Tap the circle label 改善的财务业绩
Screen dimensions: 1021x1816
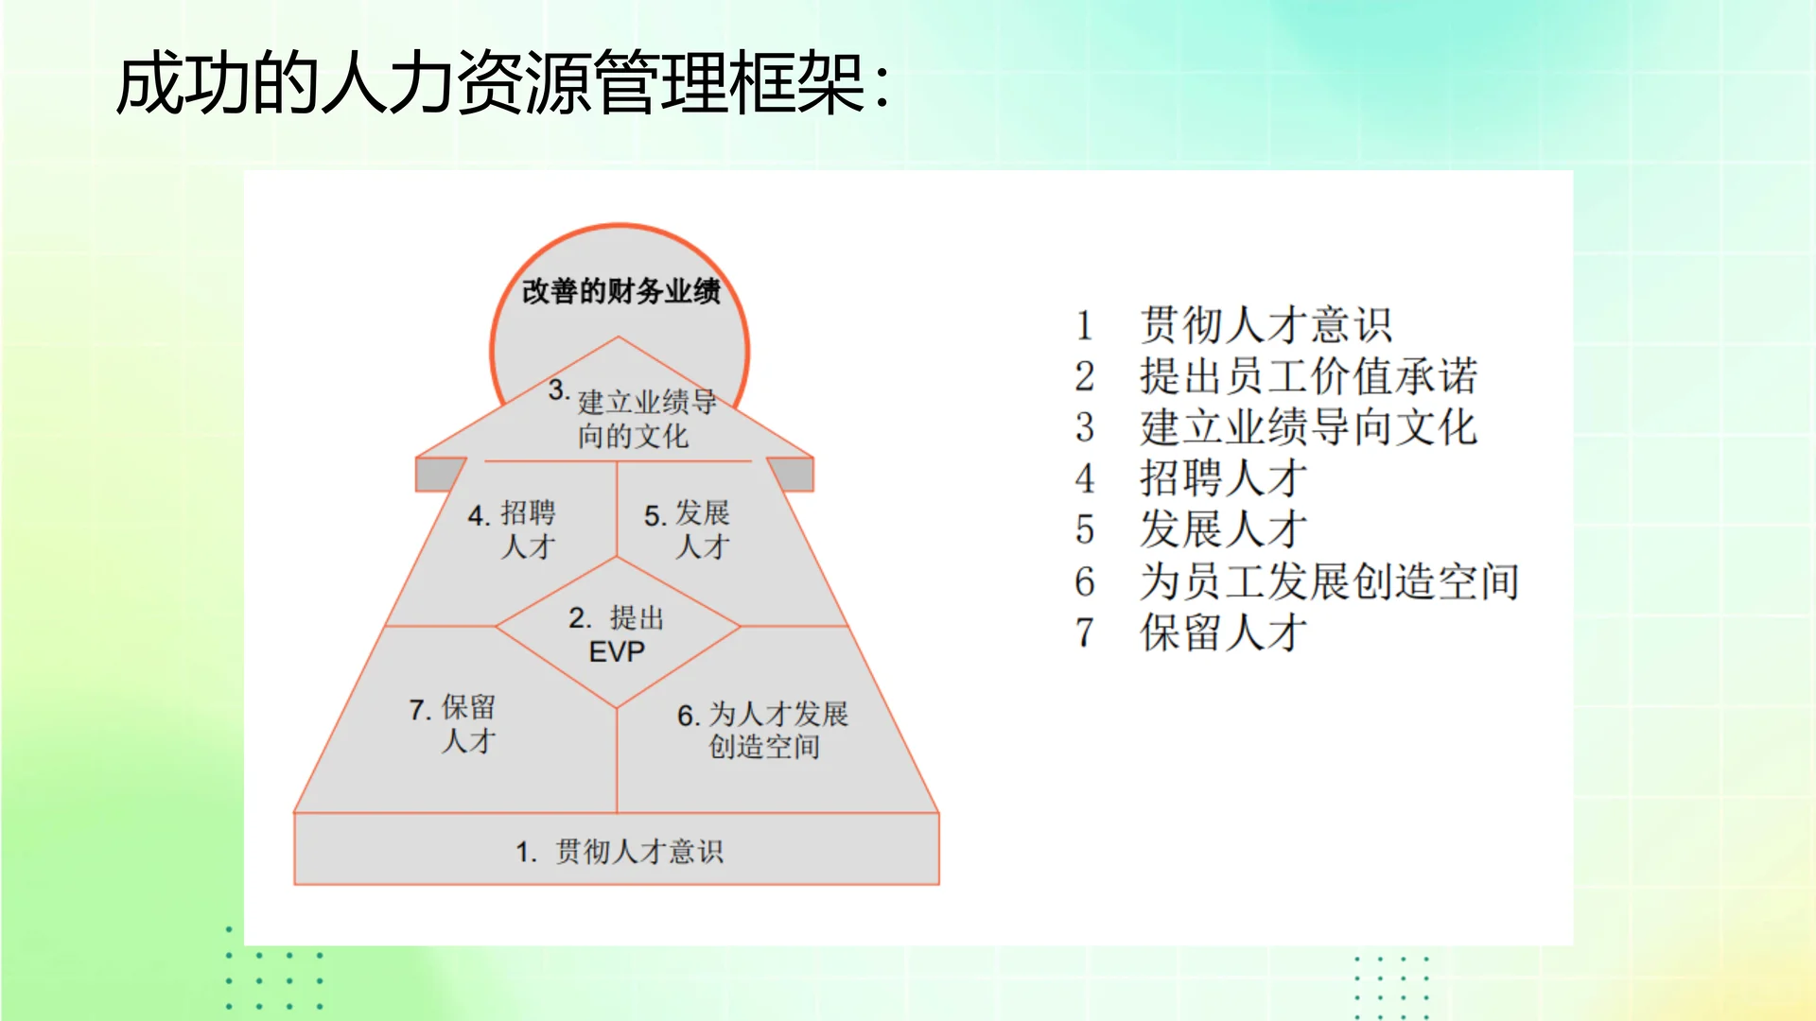pos(620,291)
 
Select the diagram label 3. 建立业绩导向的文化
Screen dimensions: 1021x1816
pos(634,418)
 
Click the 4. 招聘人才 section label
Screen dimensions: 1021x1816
pos(514,530)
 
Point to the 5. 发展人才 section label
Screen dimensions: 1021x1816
pos(689,530)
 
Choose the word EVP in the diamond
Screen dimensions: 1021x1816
pos(617,652)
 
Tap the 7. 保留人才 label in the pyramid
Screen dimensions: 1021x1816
pos(454,724)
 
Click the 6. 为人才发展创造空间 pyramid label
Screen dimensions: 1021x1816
pos(763,730)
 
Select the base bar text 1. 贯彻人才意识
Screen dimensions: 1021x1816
pos(620,852)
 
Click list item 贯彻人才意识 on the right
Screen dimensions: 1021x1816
pos(1266,325)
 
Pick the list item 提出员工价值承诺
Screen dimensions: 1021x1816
pos(1308,376)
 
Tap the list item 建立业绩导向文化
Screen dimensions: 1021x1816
pos(1308,427)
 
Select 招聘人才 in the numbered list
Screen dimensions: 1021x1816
pos(1223,478)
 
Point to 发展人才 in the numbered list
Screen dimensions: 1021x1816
pos(1223,529)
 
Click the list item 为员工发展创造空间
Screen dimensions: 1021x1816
pos(1329,581)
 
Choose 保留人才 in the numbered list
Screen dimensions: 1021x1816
pos(1223,632)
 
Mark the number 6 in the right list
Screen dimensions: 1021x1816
pos(1085,581)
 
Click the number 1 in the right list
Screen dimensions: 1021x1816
pos(1085,326)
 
